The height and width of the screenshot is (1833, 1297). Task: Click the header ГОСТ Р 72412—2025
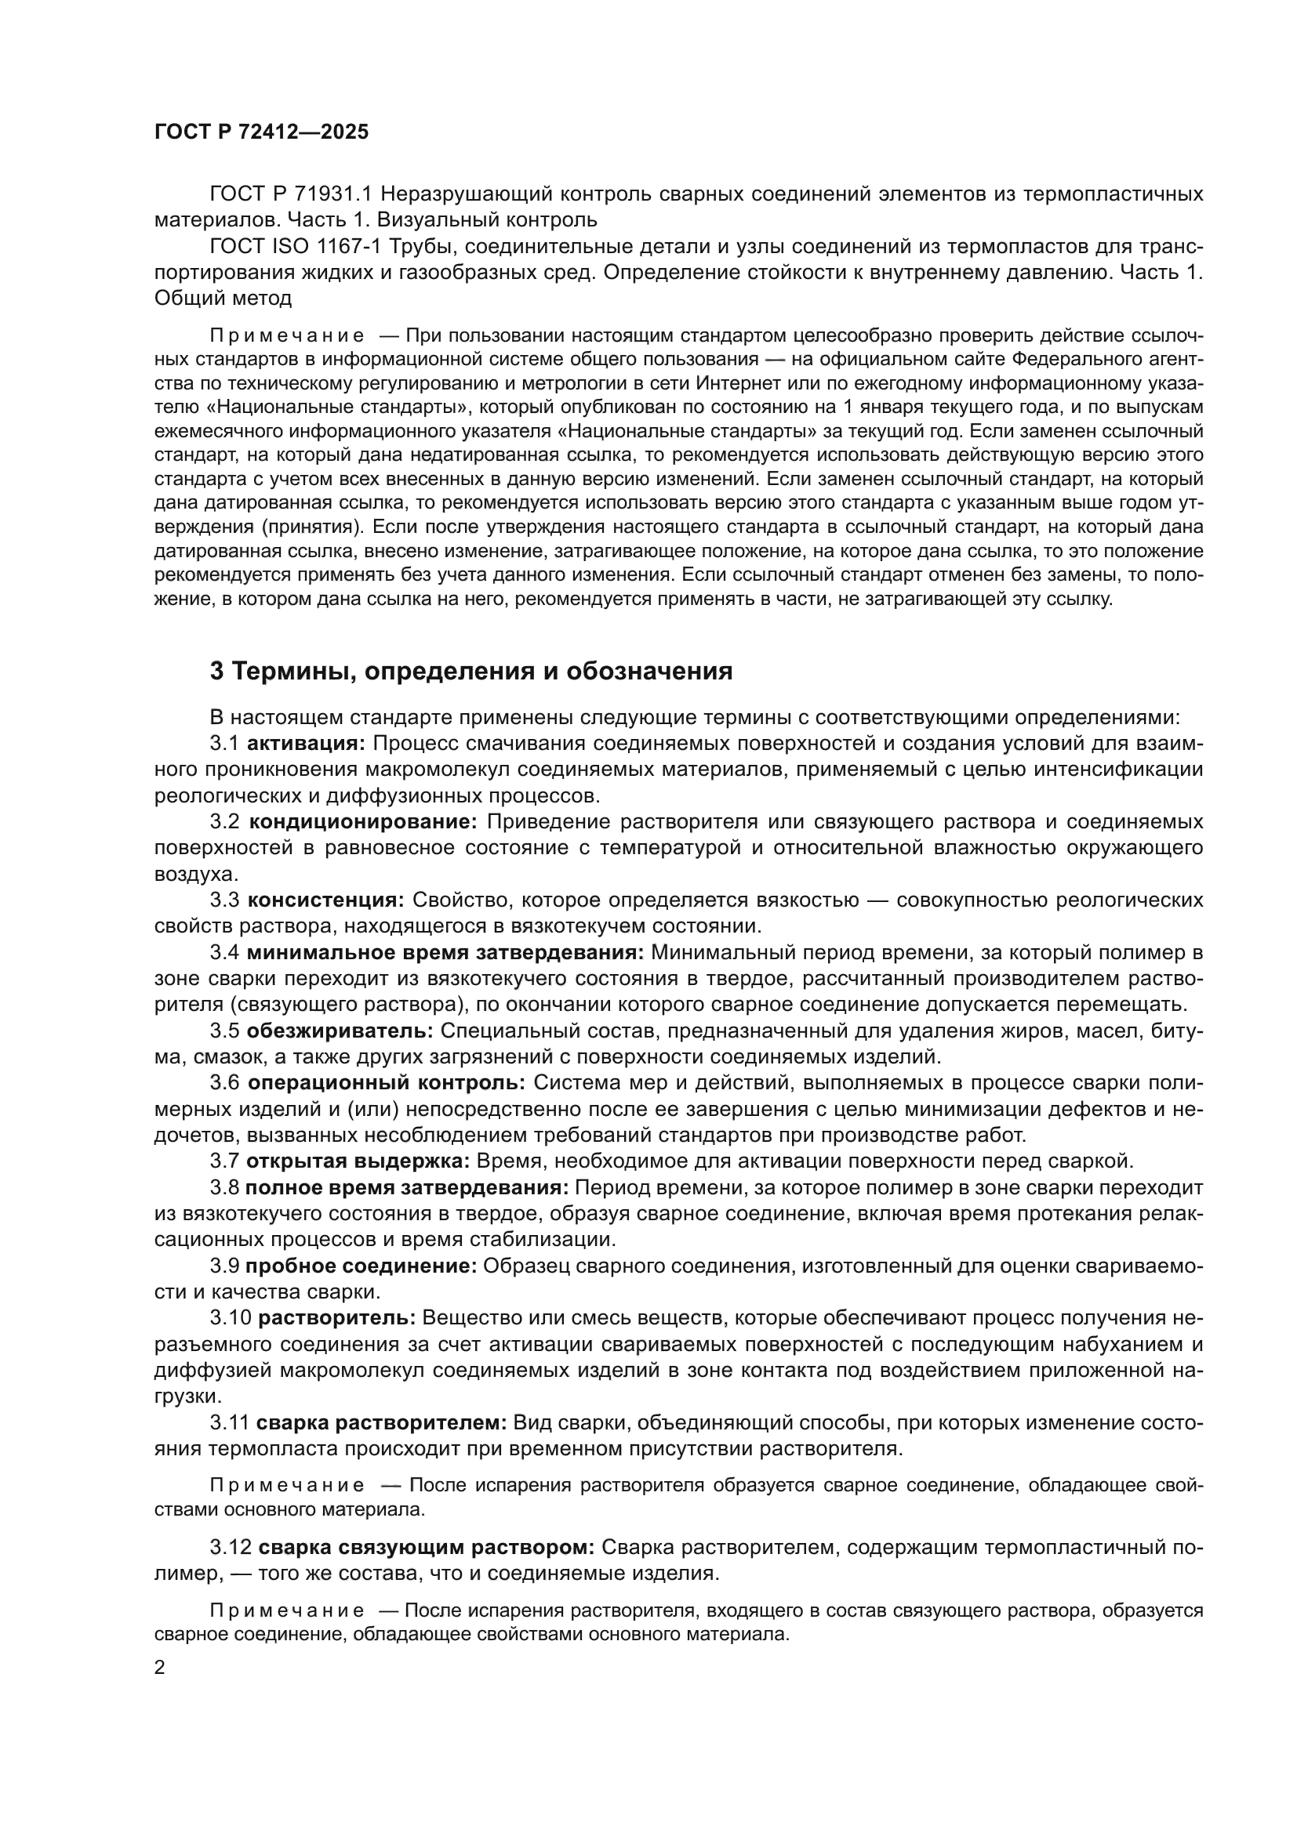click(261, 132)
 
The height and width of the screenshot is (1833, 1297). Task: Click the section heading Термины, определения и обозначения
click(470, 672)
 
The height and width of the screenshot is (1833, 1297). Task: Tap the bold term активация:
click(306, 743)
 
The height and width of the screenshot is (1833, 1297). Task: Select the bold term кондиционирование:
click(362, 821)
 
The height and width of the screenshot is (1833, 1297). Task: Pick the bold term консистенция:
click(326, 900)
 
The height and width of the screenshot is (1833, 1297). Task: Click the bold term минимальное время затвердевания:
click(445, 952)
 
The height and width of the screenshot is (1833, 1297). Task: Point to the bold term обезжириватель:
click(340, 1031)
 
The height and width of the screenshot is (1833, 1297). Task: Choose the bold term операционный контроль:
click(386, 1083)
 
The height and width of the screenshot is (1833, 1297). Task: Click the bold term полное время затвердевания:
click(406, 1188)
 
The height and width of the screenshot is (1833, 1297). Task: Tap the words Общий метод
click(223, 299)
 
